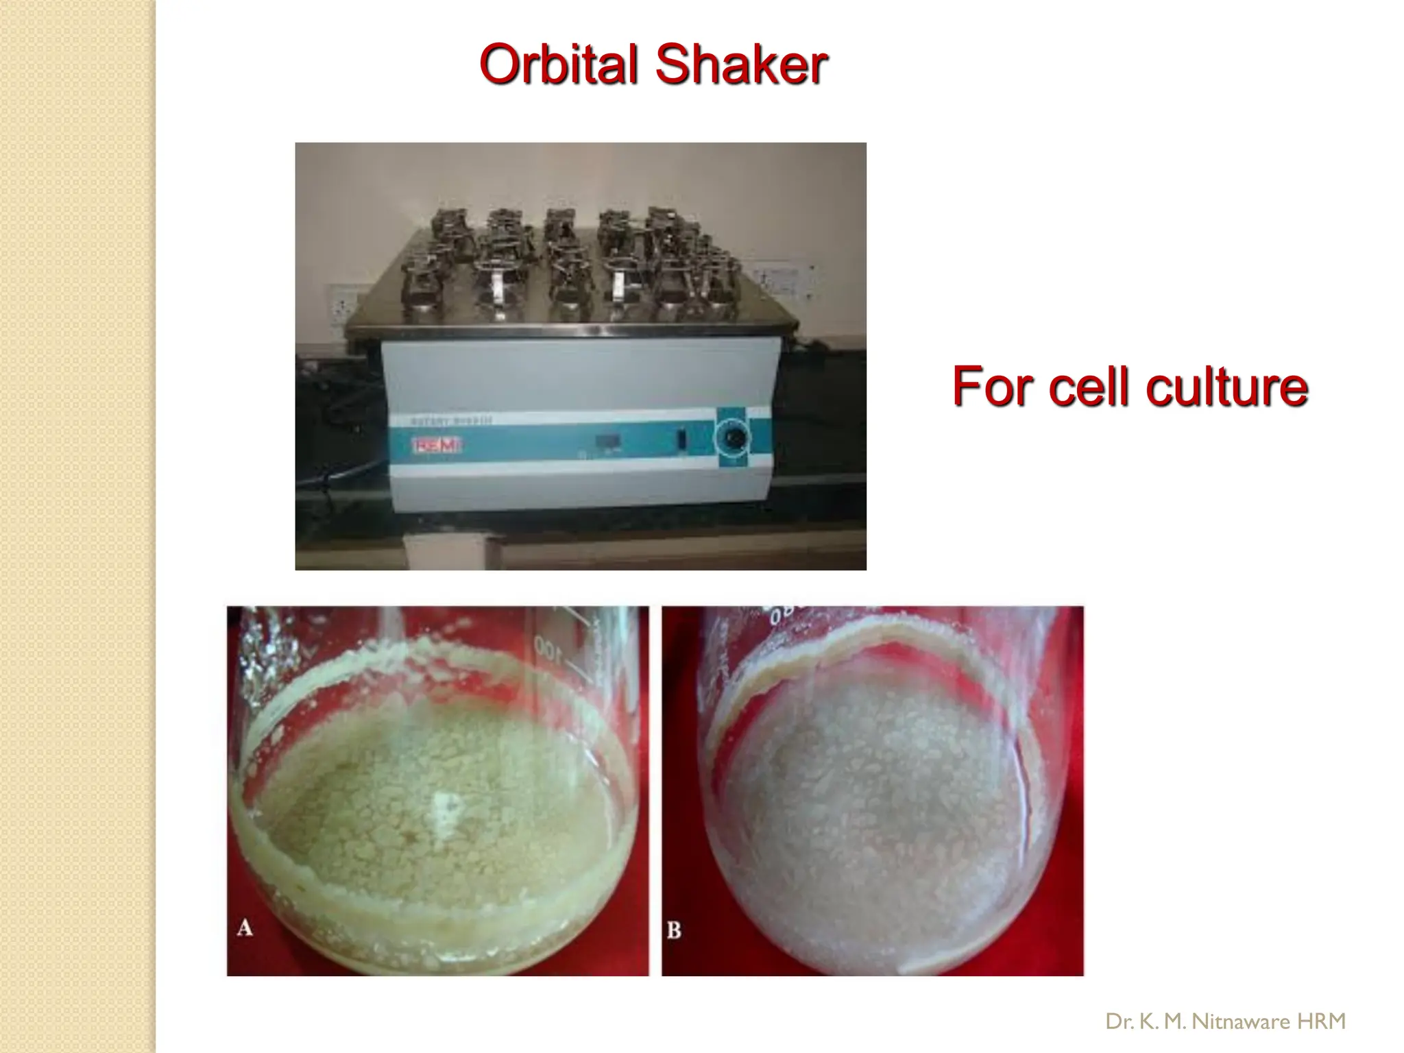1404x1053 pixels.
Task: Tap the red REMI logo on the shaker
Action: [x=436, y=446]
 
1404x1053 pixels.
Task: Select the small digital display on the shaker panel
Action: [x=607, y=441]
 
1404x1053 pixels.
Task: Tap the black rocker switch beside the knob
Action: [x=681, y=439]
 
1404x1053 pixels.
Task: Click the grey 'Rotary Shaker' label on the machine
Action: [x=451, y=420]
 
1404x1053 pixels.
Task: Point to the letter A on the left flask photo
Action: [x=245, y=928]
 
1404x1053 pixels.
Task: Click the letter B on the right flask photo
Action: [x=674, y=930]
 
